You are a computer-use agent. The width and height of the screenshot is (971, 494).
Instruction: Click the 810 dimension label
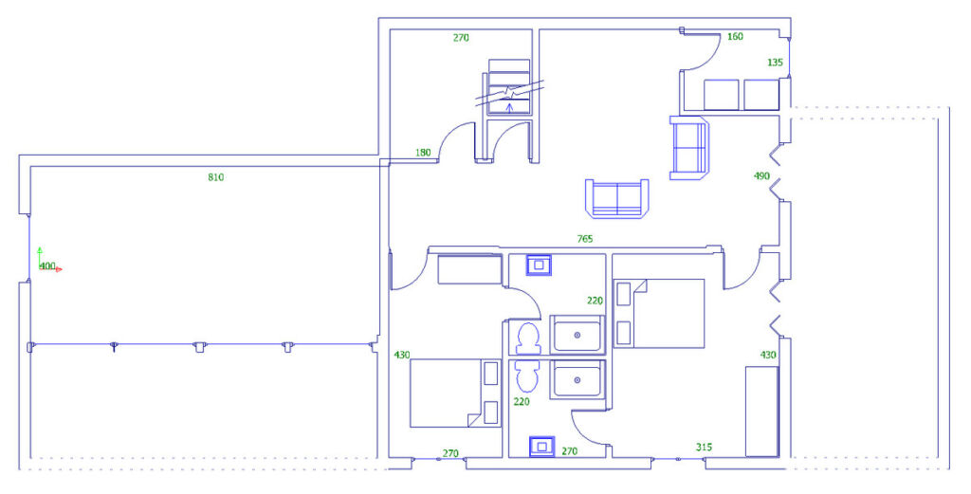215,177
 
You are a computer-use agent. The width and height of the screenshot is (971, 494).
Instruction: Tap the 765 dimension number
584,239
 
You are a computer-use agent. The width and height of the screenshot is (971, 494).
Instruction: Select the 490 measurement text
761,175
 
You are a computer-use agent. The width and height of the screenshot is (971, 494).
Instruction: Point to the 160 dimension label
735,37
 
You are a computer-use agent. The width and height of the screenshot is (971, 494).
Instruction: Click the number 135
775,63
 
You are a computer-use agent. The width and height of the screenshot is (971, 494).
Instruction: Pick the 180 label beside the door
423,153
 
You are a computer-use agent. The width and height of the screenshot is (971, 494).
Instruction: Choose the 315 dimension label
704,447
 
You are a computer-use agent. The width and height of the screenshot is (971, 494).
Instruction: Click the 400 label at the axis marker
47,266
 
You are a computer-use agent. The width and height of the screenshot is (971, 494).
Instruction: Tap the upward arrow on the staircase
509,108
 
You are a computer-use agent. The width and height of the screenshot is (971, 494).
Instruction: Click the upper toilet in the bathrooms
528,338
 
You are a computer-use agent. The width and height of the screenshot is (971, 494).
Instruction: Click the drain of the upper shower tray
577,335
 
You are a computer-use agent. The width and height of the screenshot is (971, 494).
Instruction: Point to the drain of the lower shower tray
577,380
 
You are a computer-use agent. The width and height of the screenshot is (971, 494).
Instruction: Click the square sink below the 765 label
539,265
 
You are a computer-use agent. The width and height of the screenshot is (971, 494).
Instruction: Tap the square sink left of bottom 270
541,446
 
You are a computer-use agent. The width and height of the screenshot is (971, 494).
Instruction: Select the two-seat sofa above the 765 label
616,198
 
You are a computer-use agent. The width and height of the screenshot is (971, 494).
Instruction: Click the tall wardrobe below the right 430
761,412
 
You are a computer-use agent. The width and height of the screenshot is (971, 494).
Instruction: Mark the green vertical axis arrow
40,258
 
